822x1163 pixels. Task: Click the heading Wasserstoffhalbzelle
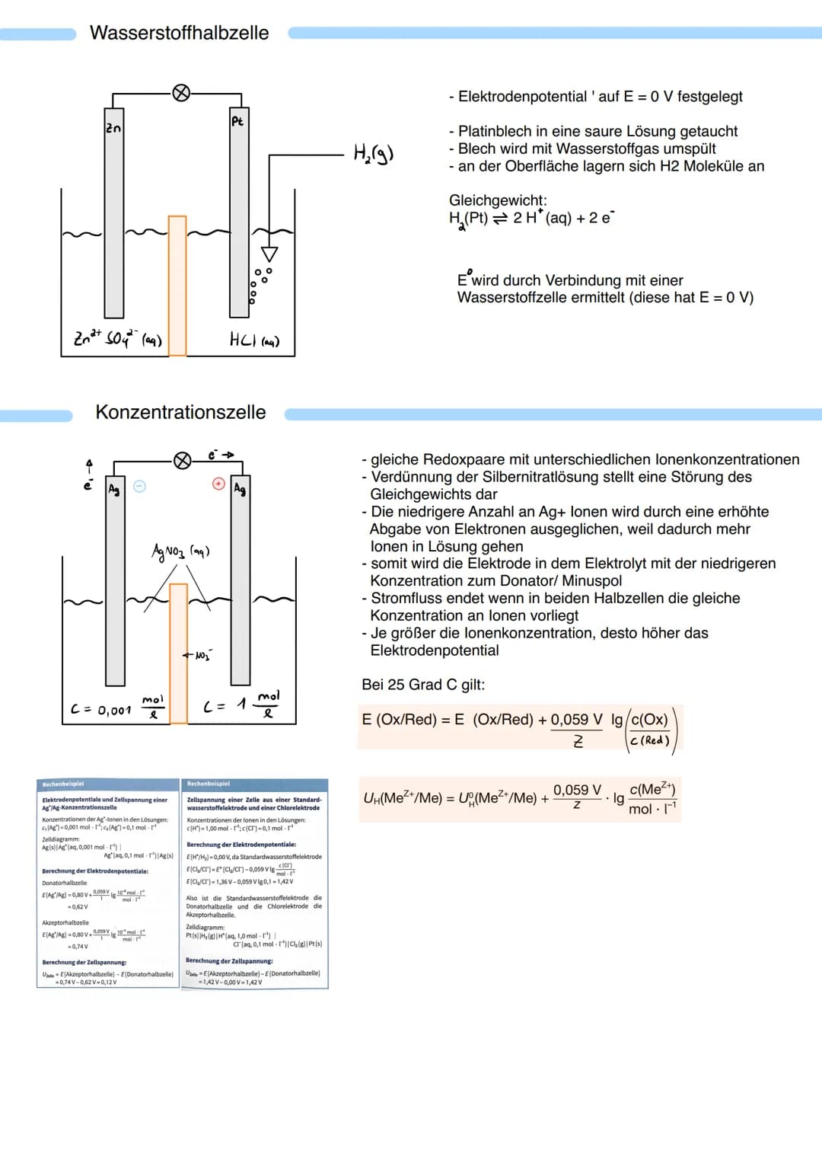click(x=179, y=33)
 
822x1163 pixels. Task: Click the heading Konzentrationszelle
click(x=180, y=412)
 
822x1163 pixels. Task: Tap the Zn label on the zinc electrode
click(x=113, y=128)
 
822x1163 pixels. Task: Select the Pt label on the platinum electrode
click(x=237, y=120)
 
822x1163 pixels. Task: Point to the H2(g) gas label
click(x=373, y=153)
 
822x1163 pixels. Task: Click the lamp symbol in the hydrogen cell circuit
click(x=181, y=93)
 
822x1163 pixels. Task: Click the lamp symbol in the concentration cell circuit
click(x=182, y=461)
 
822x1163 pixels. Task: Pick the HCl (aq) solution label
click(x=254, y=340)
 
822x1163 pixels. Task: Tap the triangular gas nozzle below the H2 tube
click(x=269, y=254)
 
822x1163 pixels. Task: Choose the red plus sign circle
click(x=218, y=484)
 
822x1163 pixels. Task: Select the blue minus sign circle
click(x=139, y=486)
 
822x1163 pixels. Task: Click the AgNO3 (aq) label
click(x=180, y=551)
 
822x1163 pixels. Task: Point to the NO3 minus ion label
click(x=199, y=655)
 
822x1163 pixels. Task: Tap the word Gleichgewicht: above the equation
click(x=498, y=200)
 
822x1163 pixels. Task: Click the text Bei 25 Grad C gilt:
click(x=423, y=684)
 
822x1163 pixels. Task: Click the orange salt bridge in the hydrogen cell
click(x=177, y=286)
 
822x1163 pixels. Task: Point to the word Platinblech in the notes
click(x=497, y=131)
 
